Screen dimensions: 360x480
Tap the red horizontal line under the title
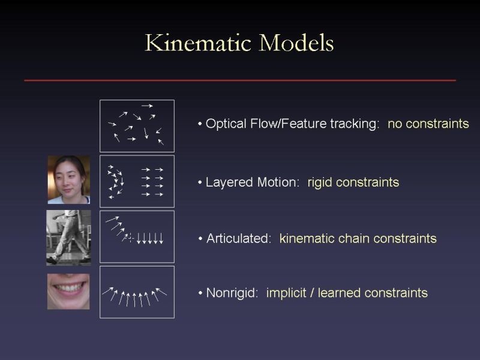click(x=240, y=80)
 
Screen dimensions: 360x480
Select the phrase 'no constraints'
click(x=428, y=124)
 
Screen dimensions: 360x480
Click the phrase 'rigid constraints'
click(x=353, y=182)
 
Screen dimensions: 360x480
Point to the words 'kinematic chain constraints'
click(x=358, y=239)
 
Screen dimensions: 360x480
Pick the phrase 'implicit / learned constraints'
click(x=347, y=293)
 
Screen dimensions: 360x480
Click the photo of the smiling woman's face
click(x=68, y=179)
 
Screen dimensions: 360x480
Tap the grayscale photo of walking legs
click(x=68, y=237)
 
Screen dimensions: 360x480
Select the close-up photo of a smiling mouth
click(x=68, y=292)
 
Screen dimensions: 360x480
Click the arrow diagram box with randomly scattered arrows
click(x=137, y=126)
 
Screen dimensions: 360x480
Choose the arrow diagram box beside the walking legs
click(x=137, y=236)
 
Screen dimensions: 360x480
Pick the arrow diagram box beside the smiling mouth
click(x=137, y=292)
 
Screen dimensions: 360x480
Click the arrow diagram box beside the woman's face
click(x=137, y=181)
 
